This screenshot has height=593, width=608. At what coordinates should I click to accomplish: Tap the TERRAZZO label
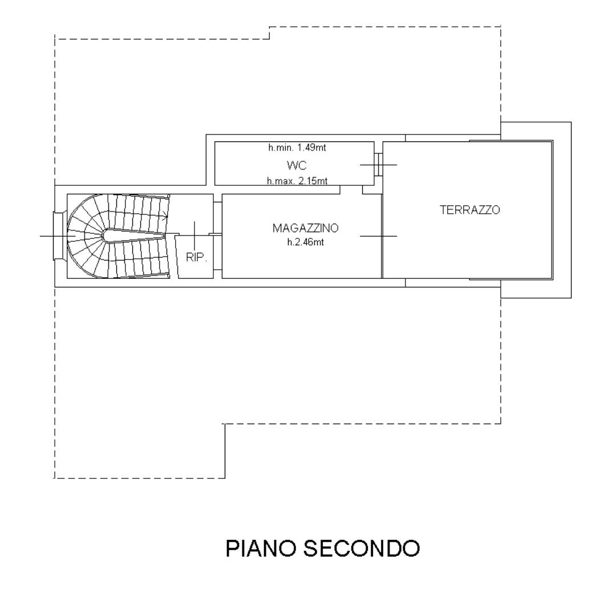point(469,210)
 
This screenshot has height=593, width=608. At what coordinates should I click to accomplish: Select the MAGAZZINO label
point(305,228)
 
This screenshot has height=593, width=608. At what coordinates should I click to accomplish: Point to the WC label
point(297,166)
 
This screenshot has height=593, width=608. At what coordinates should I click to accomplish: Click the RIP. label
point(196,257)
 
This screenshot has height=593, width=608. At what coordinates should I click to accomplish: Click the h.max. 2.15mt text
point(297,181)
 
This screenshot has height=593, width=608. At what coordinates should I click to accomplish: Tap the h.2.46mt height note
point(305,242)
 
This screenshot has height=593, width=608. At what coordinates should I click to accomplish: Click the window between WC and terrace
point(378,164)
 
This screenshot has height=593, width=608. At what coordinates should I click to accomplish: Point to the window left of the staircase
point(58,235)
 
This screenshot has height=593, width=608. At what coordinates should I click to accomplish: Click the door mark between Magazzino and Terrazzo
point(381,236)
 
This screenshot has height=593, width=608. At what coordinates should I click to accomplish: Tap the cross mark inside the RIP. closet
point(194,231)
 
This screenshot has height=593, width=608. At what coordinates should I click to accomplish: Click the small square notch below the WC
point(372,190)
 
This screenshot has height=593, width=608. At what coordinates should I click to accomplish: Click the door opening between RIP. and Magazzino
point(216,234)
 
